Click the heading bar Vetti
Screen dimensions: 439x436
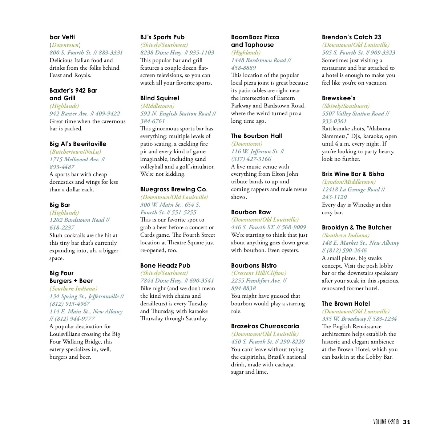point(62,37)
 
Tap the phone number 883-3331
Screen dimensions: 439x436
point(110,53)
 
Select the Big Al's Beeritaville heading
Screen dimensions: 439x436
point(78,144)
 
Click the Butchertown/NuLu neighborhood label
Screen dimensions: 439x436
point(75,152)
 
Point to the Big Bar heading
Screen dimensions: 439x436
point(60,205)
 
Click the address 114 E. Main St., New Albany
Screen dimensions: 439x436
point(86,312)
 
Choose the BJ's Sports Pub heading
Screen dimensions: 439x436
point(162,37)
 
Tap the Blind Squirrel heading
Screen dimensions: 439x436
point(160,98)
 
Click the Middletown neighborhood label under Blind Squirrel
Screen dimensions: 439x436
point(157,106)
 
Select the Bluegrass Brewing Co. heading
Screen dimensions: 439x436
point(174,189)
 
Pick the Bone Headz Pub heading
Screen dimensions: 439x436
point(165,265)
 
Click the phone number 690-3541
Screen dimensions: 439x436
point(202,281)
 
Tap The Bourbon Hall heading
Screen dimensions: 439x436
point(257,136)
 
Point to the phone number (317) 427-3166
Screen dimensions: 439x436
point(251,159)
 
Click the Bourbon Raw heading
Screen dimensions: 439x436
point(251,212)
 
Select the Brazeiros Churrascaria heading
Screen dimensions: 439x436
point(265,326)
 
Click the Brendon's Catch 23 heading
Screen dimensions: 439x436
point(351,37)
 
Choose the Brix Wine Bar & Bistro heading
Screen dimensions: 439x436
point(353,174)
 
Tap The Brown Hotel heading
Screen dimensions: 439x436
point(346,304)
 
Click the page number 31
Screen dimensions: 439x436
point(407,422)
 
